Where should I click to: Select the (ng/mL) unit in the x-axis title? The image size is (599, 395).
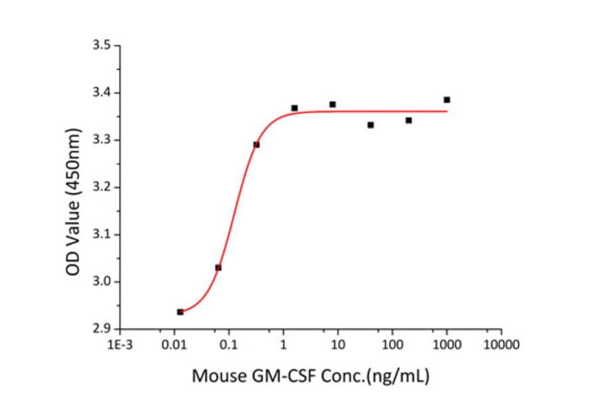click(401, 376)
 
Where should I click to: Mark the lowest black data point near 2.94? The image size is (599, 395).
click(180, 312)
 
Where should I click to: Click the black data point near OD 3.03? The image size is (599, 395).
click(218, 267)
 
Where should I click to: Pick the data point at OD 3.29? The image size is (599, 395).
click(256, 144)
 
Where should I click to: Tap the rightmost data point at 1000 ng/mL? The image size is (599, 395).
click(447, 100)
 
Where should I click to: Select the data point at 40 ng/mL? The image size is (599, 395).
click(371, 125)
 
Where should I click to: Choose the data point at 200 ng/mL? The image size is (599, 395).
click(409, 120)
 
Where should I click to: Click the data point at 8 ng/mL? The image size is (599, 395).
click(332, 104)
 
